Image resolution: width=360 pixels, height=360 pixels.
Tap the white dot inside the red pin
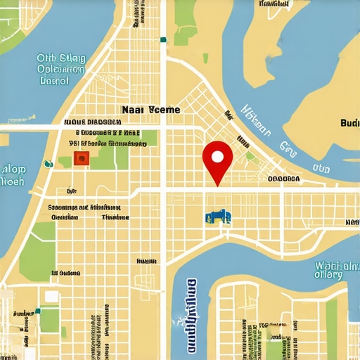pos(217,155)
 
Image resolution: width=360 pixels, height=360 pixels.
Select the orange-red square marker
pos(82,159)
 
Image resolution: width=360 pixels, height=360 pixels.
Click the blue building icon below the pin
pos(218,217)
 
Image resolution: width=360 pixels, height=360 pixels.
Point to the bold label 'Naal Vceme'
pos(150,110)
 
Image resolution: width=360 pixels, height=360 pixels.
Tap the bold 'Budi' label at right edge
pos(349,122)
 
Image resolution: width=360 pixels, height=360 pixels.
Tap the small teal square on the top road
pos(163,40)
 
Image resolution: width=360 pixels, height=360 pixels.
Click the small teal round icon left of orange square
pos(49,164)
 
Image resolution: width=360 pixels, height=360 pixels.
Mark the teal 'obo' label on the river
pos(321,169)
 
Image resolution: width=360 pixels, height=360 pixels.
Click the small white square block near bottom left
pos(51,296)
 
